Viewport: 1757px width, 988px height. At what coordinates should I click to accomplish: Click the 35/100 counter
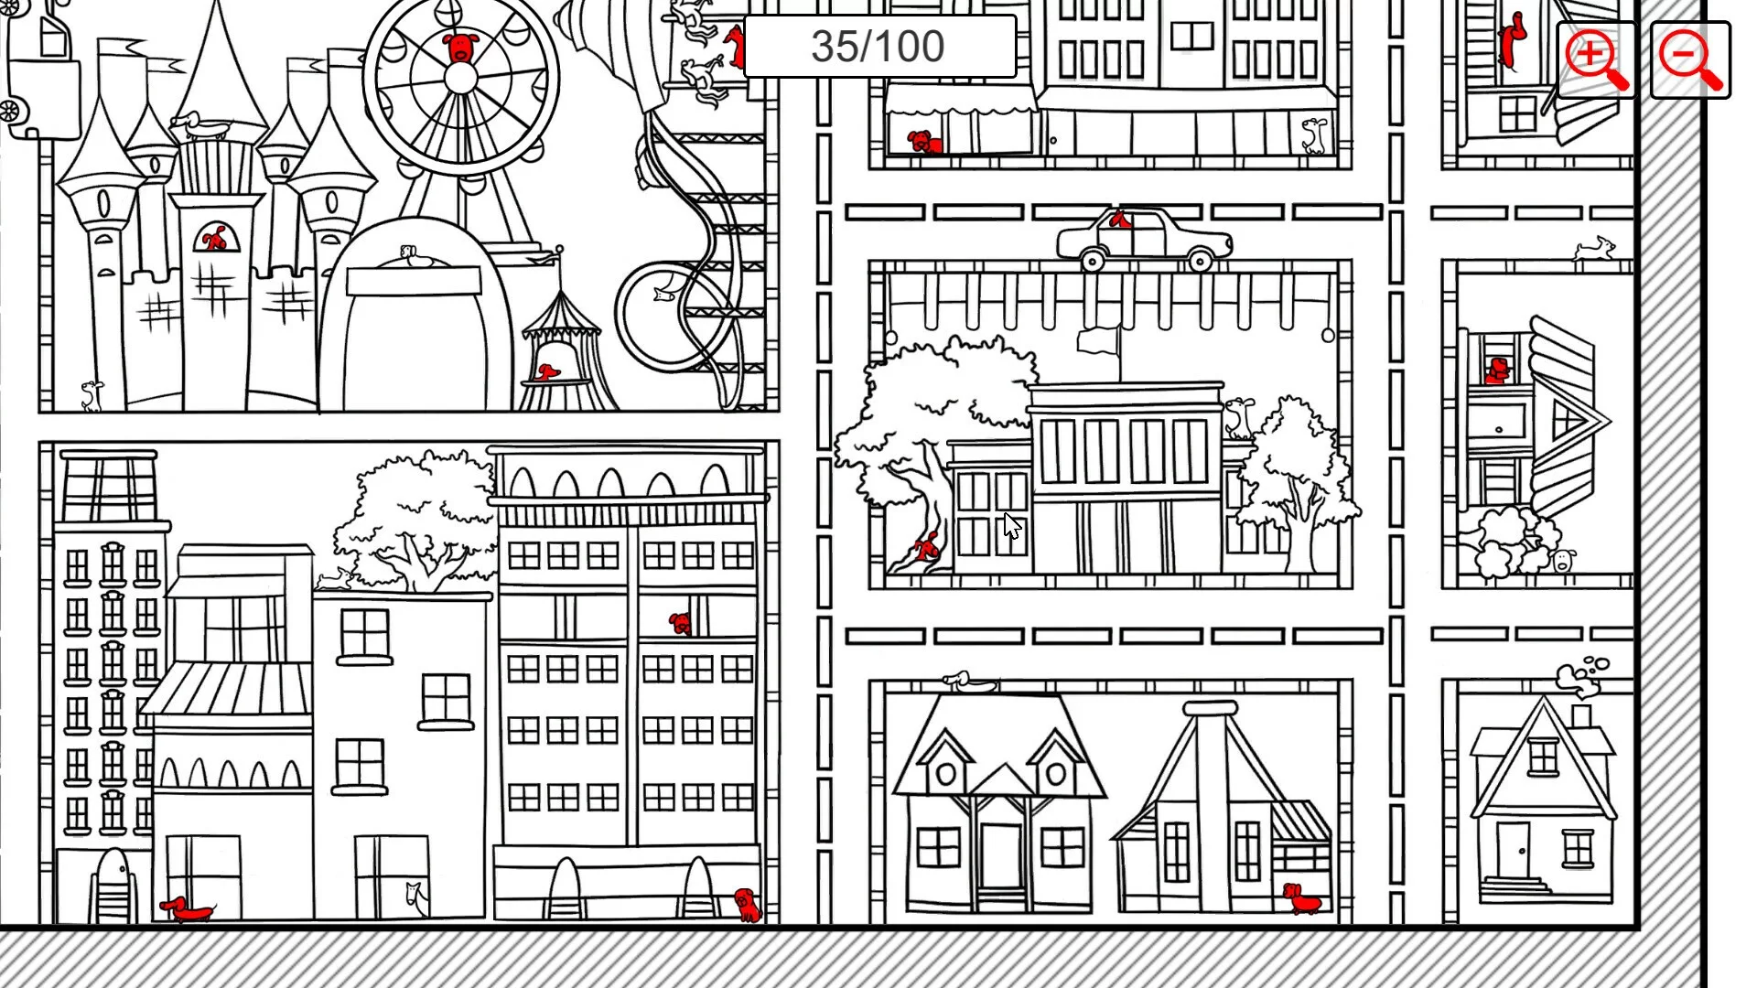click(x=878, y=47)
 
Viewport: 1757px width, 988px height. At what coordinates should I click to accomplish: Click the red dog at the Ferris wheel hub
click(x=460, y=48)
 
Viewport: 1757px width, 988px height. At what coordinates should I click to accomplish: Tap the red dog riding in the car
click(x=1118, y=220)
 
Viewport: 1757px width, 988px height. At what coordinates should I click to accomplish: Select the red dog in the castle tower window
click(x=214, y=240)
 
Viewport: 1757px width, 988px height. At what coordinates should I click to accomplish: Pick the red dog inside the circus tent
click(x=547, y=371)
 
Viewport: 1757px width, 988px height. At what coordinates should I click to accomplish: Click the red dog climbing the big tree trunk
click(x=927, y=547)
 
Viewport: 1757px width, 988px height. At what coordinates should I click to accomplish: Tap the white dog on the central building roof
click(x=1239, y=417)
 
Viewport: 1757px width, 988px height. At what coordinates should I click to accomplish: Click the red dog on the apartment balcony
click(x=680, y=623)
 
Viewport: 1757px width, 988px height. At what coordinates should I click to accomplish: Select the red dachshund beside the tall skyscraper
click(x=187, y=908)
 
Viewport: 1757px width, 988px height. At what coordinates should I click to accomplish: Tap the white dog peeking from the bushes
click(x=1564, y=560)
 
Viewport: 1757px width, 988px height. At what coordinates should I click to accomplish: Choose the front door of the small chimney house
click(x=1514, y=849)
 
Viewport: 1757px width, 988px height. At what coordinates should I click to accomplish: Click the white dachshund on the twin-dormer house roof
click(x=968, y=681)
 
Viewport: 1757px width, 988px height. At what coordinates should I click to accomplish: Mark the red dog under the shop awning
click(x=923, y=142)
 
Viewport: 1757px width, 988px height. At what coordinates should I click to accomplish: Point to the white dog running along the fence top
click(x=1594, y=248)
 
